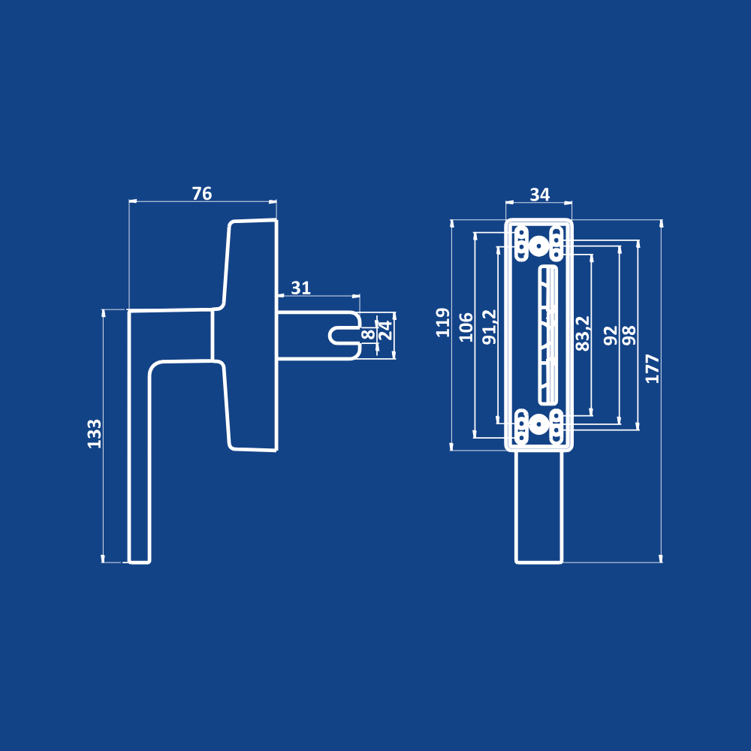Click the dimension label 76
pos(201,194)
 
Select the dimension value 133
pos(95,434)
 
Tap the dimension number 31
pos(301,288)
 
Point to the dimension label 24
pos(385,330)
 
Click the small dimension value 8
pos(368,334)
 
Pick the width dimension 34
pos(540,195)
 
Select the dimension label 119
pos(443,323)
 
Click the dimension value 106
pos(466,327)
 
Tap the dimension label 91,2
pos(490,327)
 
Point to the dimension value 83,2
pos(583,334)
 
